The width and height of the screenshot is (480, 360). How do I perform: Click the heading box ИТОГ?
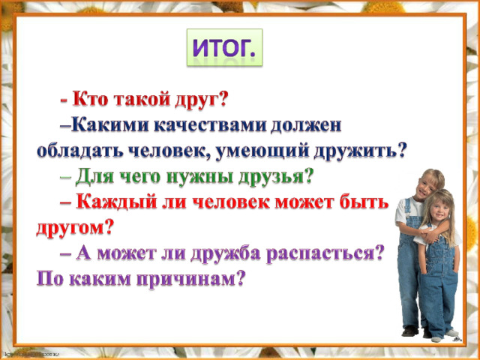(x=224, y=47)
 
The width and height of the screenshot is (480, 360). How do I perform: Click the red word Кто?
(x=90, y=100)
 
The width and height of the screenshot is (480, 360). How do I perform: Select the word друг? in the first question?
(x=200, y=100)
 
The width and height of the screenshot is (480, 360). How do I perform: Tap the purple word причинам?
(x=190, y=279)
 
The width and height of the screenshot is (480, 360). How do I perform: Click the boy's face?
(x=428, y=186)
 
